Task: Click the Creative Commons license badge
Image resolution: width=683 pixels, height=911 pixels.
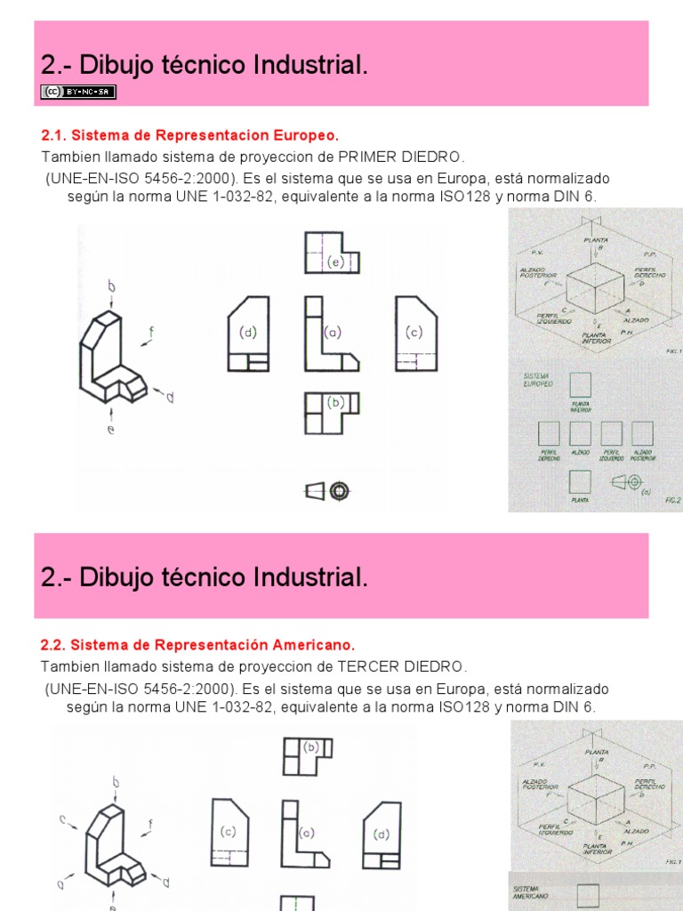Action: click(x=78, y=92)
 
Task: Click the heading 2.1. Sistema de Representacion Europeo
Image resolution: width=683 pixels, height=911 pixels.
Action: click(x=190, y=136)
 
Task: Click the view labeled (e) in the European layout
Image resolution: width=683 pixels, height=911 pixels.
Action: click(x=332, y=254)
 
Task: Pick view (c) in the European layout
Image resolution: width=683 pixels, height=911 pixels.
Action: click(x=415, y=334)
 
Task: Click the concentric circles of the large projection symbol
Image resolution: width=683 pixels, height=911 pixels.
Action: click(x=339, y=490)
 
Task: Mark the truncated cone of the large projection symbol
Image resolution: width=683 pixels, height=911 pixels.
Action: click(x=315, y=490)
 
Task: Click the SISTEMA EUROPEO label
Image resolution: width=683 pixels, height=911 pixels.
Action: click(x=539, y=379)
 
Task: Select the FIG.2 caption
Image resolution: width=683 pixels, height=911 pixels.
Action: click(x=672, y=501)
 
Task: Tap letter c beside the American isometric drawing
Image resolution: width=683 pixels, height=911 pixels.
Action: click(x=62, y=818)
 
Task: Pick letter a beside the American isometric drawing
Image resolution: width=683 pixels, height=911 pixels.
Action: click(x=61, y=884)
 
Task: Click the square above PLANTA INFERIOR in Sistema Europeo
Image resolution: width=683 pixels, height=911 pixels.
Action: click(x=580, y=385)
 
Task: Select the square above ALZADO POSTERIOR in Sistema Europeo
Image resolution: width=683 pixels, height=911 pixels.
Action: click(x=642, y=433)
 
